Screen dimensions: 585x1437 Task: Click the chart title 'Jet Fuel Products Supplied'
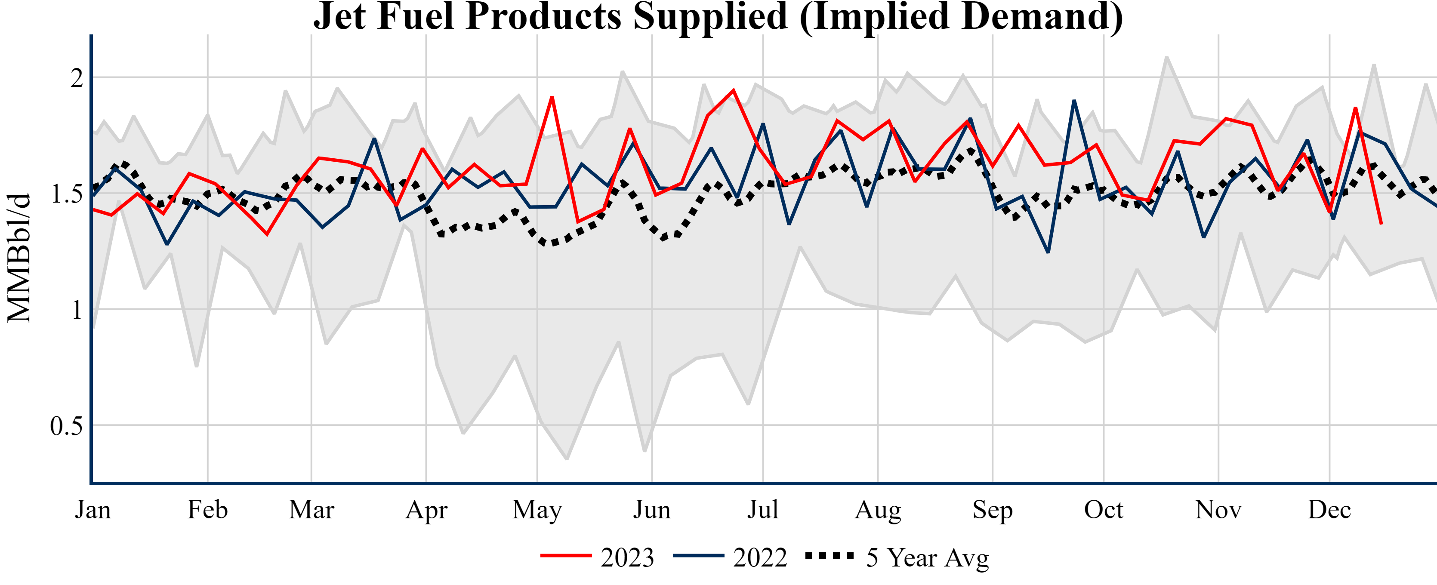[x=718, y=17]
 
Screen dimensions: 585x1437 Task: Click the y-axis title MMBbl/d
[x=19, y=258]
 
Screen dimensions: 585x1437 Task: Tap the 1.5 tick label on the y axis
[x=66, y=194]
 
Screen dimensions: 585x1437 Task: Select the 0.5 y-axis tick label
[x=66, y=426]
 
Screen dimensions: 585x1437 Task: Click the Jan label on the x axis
[x=93, y=510]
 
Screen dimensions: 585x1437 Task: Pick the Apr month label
[x=426, y=510]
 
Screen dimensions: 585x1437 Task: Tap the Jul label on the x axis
[x=762, y=510]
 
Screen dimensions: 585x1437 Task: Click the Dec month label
[x=1329, y=510]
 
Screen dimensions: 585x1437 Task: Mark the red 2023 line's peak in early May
[x=552, y=98]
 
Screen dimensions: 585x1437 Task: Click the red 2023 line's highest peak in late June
[x=733, y=90]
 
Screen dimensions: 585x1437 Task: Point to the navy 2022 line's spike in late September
[x=1074, y=101]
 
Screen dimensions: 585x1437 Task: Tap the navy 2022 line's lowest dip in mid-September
[x=1048, y=252]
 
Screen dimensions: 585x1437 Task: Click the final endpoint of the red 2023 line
[x=1381, y=224]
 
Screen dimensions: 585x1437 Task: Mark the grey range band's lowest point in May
[x=567, y=459]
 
